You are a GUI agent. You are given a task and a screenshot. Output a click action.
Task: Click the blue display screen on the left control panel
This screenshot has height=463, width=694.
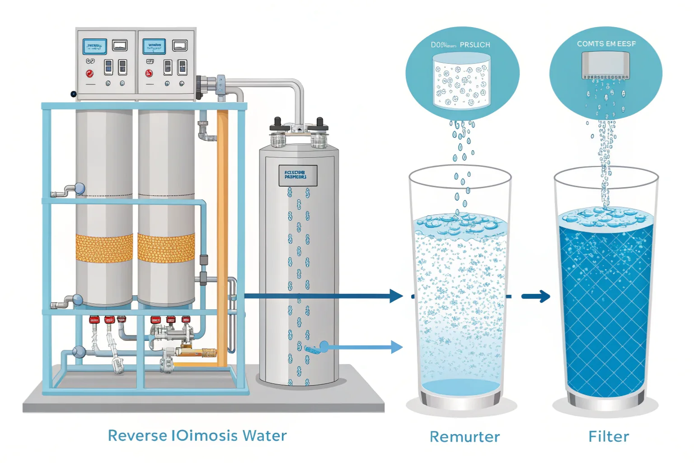tap(95, 47)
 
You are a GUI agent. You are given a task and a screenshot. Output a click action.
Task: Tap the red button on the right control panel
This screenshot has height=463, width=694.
tap(149, 73)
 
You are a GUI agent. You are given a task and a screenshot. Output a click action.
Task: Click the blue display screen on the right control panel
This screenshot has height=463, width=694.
tap(154, 46)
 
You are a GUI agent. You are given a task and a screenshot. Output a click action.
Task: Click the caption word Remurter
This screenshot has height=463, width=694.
tap(464, 437)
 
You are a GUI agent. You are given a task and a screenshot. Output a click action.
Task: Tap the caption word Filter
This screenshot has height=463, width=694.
tap(608, 437)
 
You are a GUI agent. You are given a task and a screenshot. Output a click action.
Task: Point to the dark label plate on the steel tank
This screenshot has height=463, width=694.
tap(298, 175)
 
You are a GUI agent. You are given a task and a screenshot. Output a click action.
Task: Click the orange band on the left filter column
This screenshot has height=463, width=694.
tap(104, 248)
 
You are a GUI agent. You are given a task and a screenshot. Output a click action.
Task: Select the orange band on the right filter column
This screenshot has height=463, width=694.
tap(166, 248)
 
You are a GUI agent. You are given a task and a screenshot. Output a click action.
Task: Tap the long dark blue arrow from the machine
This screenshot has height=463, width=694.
tap(321, 296)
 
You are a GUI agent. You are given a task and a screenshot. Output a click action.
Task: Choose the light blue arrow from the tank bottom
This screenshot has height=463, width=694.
tap(366, 347)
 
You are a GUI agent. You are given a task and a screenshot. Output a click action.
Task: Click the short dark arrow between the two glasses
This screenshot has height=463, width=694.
tap(536, 297)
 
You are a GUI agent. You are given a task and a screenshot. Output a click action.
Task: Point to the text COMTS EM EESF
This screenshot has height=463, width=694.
tap(606, 44)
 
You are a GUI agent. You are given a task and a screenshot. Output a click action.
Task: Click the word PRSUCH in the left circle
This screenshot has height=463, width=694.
tap(474, 45)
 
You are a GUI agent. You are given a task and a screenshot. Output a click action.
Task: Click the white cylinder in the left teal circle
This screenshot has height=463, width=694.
tap(461, 81)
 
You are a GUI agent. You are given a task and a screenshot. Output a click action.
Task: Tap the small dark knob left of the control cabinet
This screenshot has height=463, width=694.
tap(73, 94)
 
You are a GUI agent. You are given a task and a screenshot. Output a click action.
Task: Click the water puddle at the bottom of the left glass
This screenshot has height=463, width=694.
tap(461, 387)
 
